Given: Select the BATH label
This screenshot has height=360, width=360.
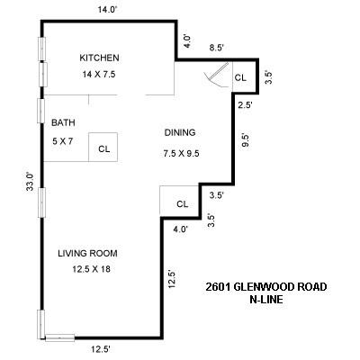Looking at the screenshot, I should pos(63,123).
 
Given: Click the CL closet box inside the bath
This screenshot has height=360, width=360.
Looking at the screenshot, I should pos(104,148).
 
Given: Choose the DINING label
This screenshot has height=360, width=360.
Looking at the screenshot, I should pos(180,132).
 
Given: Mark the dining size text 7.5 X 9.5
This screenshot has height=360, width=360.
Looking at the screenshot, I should pos(180,153).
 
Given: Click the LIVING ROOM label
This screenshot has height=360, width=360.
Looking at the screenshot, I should pos(88,253).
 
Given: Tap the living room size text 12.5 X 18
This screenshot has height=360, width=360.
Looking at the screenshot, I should pos(88,268).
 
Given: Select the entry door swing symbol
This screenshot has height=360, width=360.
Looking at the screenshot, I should pos(215,78).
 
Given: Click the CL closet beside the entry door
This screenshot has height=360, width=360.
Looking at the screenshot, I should pos(240,78).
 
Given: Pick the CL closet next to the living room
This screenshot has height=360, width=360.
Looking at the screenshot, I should pos(182,203).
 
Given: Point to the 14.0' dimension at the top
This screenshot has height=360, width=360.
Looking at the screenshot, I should pos(107,9).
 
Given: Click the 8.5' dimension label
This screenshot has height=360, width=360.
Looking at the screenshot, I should pos(217,47).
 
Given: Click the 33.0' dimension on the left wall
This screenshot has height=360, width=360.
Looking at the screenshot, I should pos(30,182).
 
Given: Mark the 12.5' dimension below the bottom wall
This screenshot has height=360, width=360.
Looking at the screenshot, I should pos(100,347).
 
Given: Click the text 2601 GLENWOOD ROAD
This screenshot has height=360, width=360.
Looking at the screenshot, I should pos(265,287).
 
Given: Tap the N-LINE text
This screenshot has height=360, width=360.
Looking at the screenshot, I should pos(265,300).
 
